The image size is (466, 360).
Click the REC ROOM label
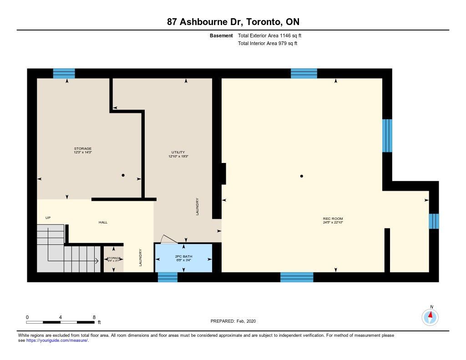(x=332, y=219)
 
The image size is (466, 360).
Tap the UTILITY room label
(x=178, y=152)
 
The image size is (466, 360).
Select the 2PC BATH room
(x=184, y=258)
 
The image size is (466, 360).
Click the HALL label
(x=103, y=222)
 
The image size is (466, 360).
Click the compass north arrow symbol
(x=430, y=316)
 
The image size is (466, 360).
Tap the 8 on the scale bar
(x=94, y=317)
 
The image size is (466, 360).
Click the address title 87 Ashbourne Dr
(x=233, y=22)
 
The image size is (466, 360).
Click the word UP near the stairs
(x=48, y=218)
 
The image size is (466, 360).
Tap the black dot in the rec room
(x=302, y=176)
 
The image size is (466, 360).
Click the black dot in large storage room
(x=123, y=175)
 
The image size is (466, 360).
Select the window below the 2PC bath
(x=167, y=277)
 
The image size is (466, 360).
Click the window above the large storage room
(x=64, y=73)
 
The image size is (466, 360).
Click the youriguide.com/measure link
(x=57, y=340)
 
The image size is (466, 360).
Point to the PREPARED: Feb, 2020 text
(x=233, y=321)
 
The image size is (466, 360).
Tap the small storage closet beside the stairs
(x=112, y=259)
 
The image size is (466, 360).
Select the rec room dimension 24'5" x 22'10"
(x=332, y=223)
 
